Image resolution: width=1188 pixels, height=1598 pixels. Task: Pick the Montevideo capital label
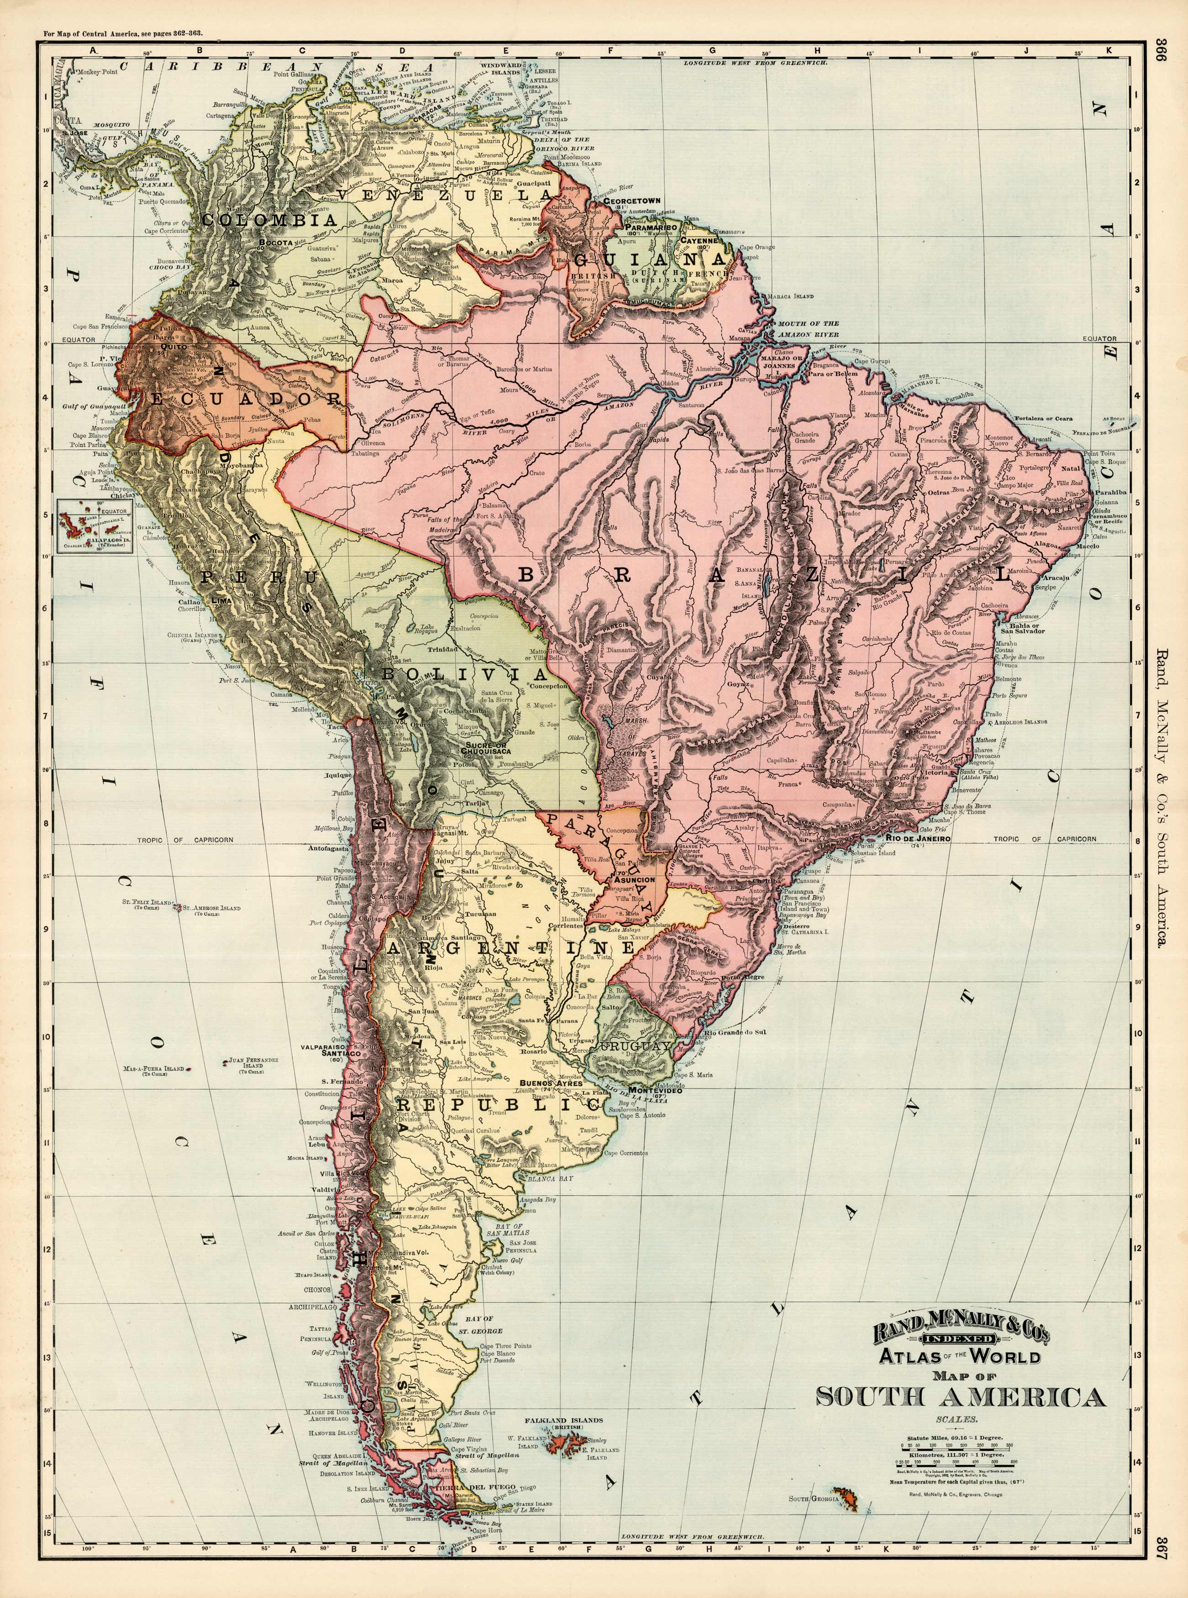[654, 1089]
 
